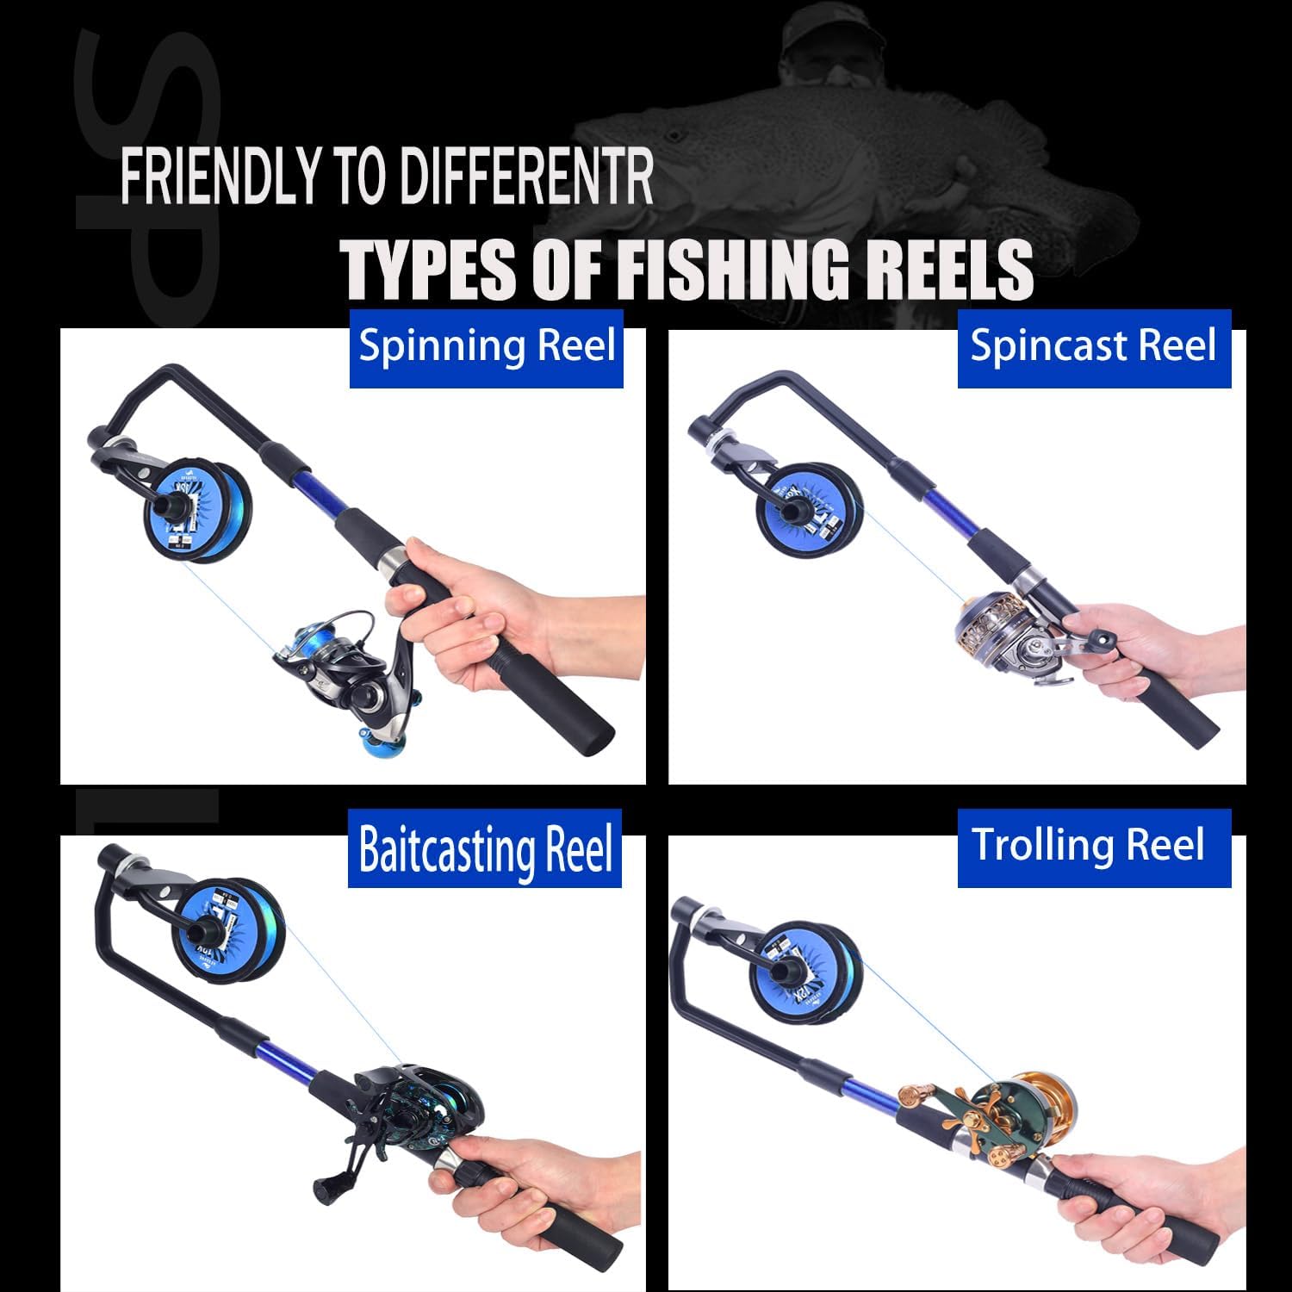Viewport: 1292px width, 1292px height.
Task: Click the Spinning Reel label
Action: (487, 346)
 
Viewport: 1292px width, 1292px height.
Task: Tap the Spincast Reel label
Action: (1093, 346)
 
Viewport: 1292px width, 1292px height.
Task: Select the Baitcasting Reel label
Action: (485, 848)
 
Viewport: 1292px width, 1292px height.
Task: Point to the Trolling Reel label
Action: (1088, 845)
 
